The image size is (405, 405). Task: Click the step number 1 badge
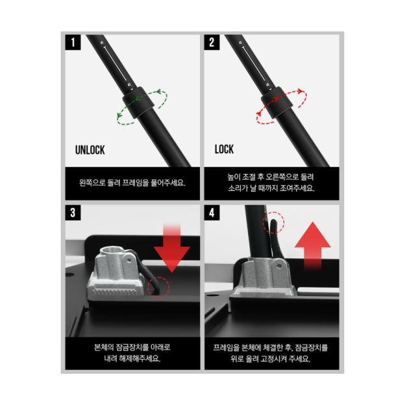coord(73,43)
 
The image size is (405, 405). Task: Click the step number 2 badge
coord(212,43)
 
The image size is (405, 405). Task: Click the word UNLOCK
coord(90,150)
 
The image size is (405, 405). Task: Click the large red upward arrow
coord(312,245)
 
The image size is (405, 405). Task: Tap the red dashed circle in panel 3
coord(158,286)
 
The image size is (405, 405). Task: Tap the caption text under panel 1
coord(132,183)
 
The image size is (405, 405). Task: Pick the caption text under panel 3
coord(132,353)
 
